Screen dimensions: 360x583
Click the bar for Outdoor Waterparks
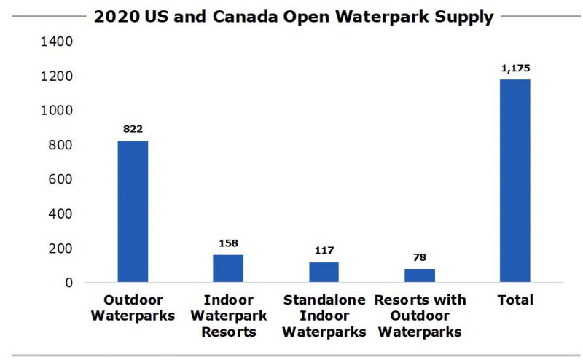(x=133, y=211)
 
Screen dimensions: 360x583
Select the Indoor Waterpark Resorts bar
(x=228, y=268)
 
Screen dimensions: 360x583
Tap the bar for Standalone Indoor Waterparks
(x=324, y=272)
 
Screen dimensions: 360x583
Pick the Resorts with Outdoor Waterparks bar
(x=419, y=275)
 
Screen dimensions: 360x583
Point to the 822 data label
(x=133, y=129)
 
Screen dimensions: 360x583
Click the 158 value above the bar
(x=228, y=243)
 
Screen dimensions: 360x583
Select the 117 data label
(x=324, y=250)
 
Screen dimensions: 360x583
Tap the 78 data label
(x=419, y=257)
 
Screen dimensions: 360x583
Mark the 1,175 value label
(x=514, y=68)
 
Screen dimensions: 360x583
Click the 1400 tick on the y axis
(x=58, y=42)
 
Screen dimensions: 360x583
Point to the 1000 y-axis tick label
(x=58, y=111)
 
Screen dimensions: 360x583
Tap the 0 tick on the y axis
(x=69, y=283)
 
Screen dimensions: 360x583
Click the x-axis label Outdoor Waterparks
(x=133, y=308)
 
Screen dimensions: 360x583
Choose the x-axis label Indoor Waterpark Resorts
(x=228, y=316)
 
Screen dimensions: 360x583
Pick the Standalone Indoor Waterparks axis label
(x=324, y=316)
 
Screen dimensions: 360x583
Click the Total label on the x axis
(x=514, y=300)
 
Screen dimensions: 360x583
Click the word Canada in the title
(x=236, y=17)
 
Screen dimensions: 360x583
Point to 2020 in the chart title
(x=115, y=17)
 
